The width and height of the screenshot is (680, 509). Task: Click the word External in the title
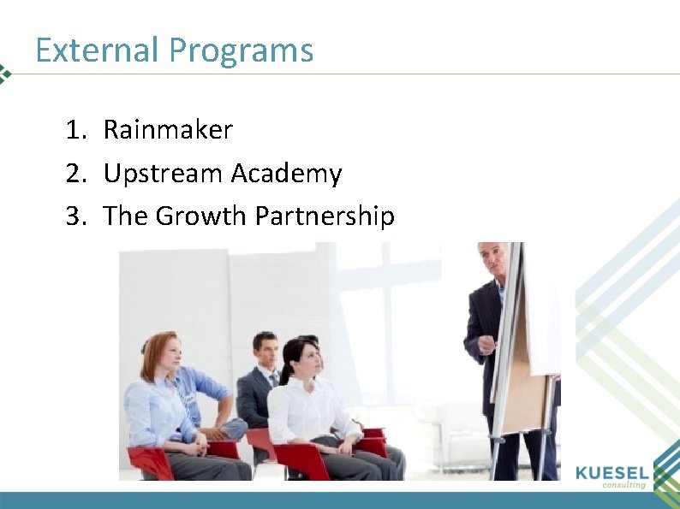click(98, 50)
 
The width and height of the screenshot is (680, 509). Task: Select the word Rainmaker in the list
click(168, 130)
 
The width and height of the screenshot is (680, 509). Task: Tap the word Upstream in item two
click(163, 175)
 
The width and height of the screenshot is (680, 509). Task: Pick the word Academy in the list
click(286, 175)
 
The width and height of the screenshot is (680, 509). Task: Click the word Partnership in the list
click(325, 216)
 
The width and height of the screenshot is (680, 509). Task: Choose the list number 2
click(75, 174)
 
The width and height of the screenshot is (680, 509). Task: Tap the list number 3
click(75, 216)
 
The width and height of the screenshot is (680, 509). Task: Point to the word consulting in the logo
click(623, 485)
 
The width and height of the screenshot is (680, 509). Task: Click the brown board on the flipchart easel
click(522, 385)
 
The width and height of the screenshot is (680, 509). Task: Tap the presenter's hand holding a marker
click(486, 344)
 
